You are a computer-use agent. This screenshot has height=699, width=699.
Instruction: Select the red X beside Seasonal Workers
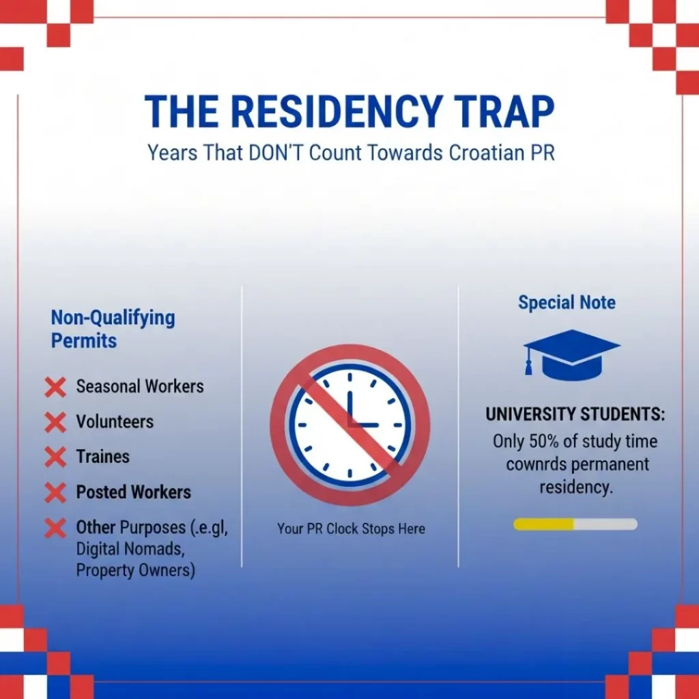click(55, 387)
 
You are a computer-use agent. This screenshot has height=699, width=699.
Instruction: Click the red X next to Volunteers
click(55, 423)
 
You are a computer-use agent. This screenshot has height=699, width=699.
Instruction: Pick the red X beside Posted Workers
click(55, 492)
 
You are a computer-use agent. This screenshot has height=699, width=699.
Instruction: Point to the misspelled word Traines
click(102, 457)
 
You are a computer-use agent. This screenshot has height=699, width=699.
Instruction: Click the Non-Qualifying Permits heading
click(113, 329)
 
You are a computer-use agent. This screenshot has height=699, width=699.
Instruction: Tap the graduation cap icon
click(572, 354)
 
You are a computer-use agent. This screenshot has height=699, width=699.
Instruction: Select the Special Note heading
click(567, 302)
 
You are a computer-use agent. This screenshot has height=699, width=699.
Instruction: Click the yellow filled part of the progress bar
click(543, 524)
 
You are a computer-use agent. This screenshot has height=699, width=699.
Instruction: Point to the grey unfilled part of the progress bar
click(605, 524)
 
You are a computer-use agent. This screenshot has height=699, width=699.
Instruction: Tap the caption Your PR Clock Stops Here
click(351, 529)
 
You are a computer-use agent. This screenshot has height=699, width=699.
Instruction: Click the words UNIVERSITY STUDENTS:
click(575, 414)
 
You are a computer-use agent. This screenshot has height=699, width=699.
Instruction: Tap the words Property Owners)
click(135, 570)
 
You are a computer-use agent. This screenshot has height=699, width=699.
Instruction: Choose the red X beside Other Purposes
click(55, 528)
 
